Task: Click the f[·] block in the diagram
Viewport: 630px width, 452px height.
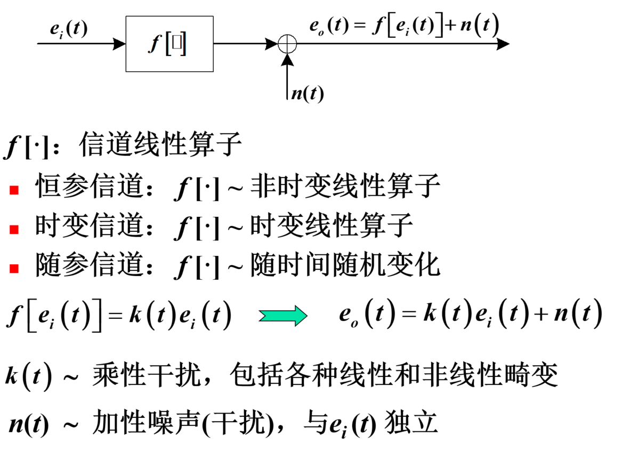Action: tap(169, 44)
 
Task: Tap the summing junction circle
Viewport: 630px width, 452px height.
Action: tap(287, 44)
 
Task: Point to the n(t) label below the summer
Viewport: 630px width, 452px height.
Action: tap(307, 93)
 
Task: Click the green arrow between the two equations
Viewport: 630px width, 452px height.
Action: tap(282, 316)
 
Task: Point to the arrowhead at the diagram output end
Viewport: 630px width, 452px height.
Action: tap(502, 44)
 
